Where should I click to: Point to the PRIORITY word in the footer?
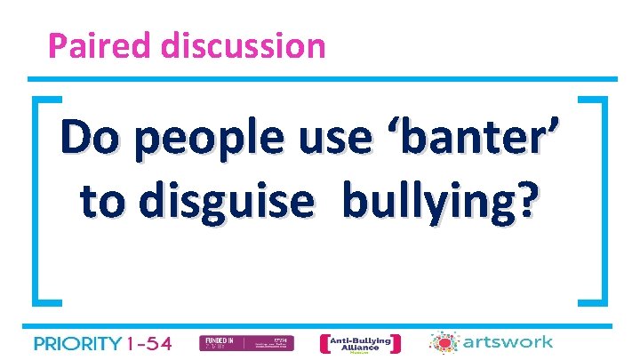(77, 343)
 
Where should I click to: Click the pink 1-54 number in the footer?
(150, 343)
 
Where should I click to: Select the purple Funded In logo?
(234, 343)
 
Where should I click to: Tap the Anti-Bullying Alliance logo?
(359, 343)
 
